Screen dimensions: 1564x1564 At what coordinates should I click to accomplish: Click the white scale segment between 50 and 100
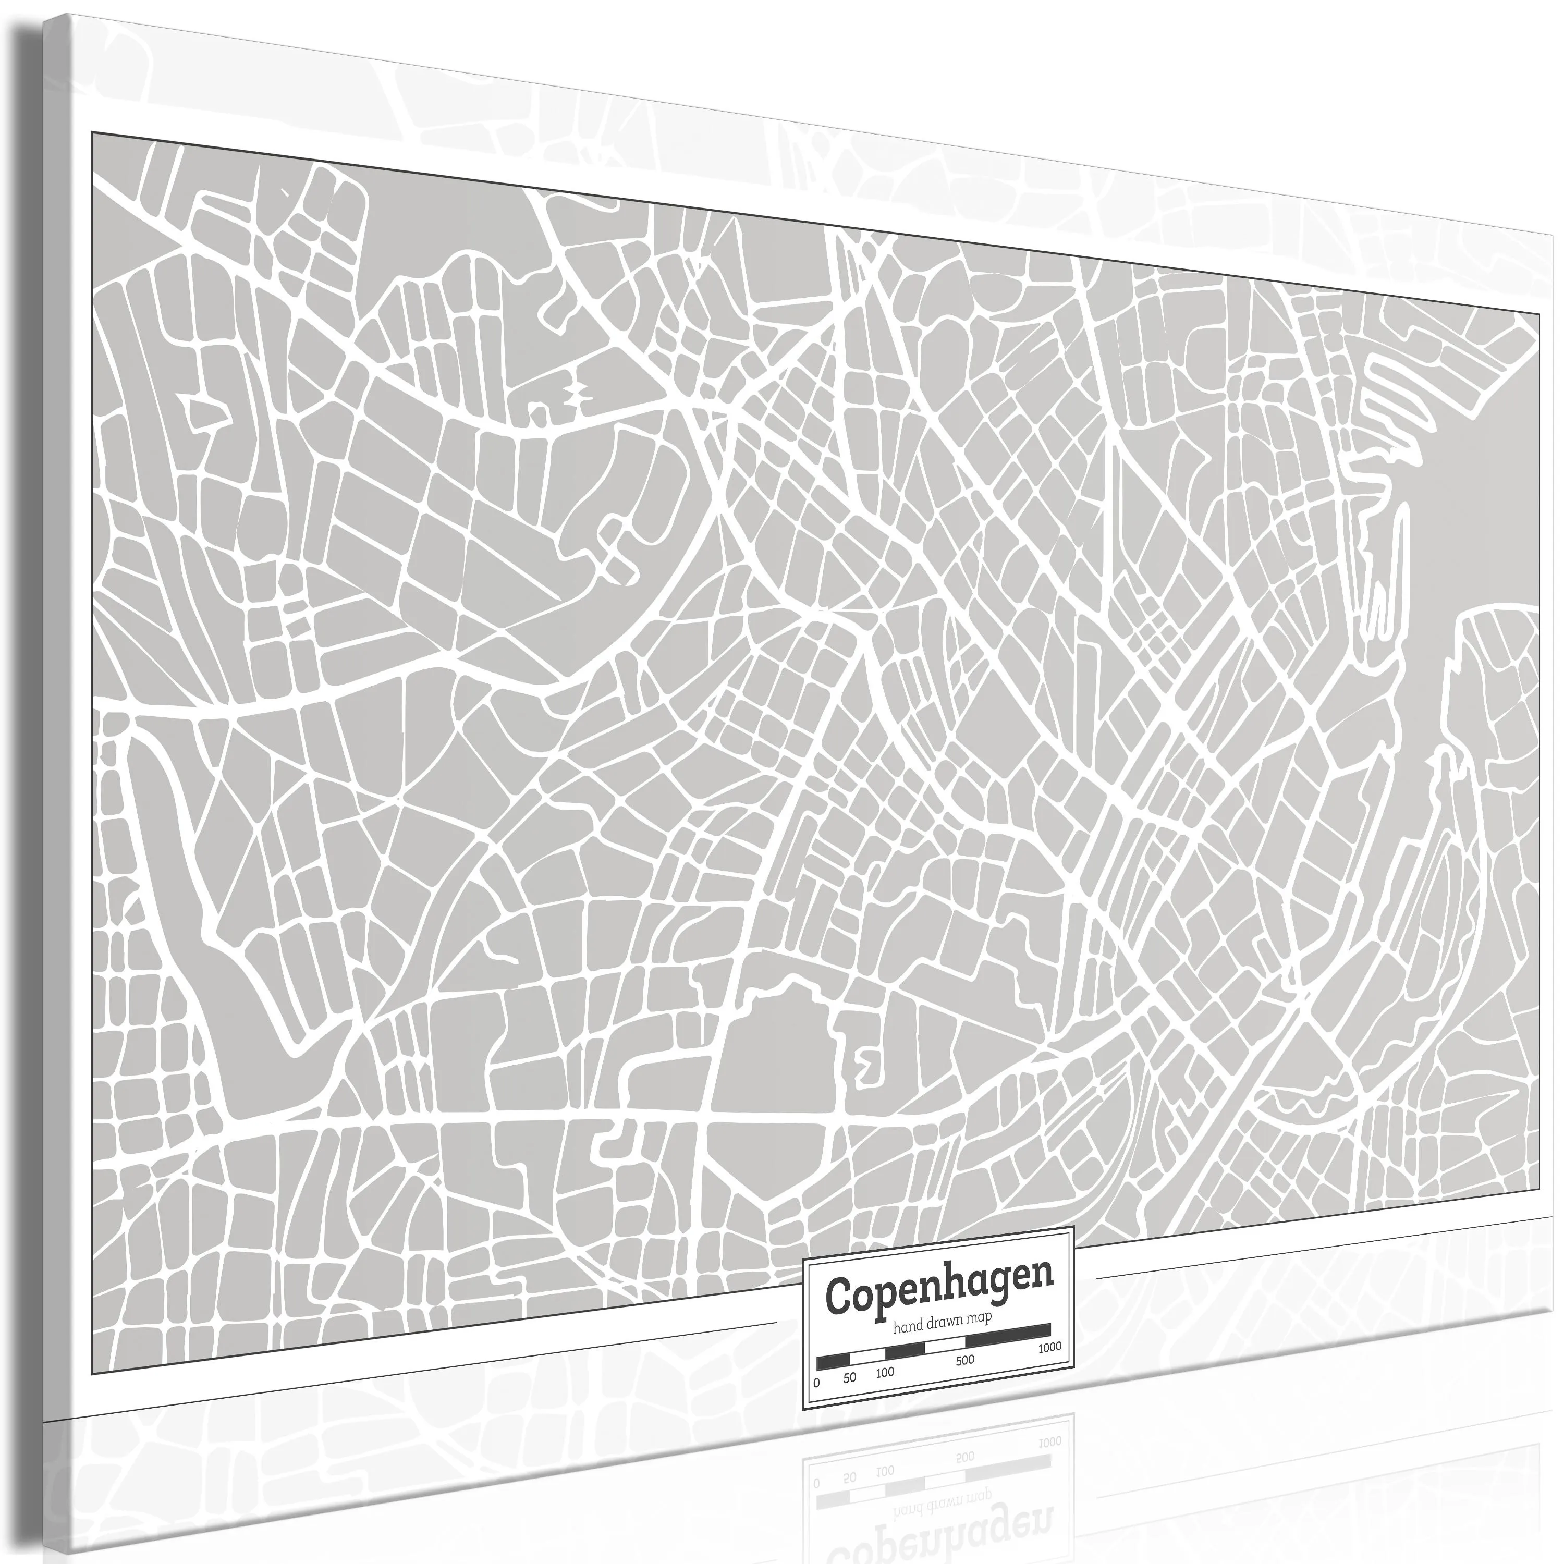coord(868,1357)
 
